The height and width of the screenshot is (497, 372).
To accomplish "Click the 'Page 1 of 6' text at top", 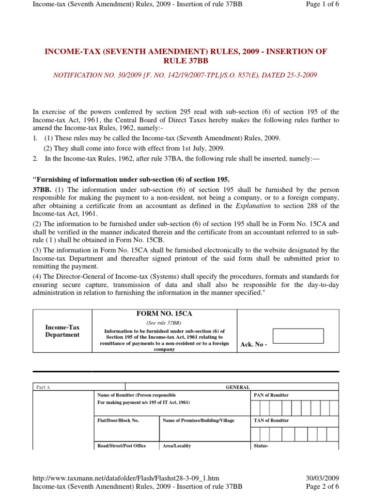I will (x=323, y=4).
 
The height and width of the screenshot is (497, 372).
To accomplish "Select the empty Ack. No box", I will (x=298, y=336).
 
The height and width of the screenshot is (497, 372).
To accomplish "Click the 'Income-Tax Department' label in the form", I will (x=62, y=331).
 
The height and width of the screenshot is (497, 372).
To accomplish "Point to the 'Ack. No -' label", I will (x=254, y=344).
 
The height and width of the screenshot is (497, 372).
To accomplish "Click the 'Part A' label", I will (x=43, y=387).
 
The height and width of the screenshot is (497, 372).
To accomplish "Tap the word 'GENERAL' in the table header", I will (x=238, y=387).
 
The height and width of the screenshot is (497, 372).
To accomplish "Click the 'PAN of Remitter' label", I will (x=271, y=395).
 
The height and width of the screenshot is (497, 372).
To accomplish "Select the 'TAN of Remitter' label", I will (x=271, y=420).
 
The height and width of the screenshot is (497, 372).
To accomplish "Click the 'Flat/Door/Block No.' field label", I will (x=118, y=420).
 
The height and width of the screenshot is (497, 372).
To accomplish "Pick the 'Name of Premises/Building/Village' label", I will (x=199, y=420).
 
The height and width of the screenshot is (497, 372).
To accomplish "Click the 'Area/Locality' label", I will (x=177, y=446).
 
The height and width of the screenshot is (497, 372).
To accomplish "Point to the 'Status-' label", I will (x=262, y=446).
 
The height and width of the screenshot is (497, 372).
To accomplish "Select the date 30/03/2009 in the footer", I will (x=323, y=478).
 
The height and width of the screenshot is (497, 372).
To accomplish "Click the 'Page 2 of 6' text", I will (x=323, y=486).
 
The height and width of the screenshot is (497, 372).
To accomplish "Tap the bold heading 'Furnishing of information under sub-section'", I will (x=131, y=179).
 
